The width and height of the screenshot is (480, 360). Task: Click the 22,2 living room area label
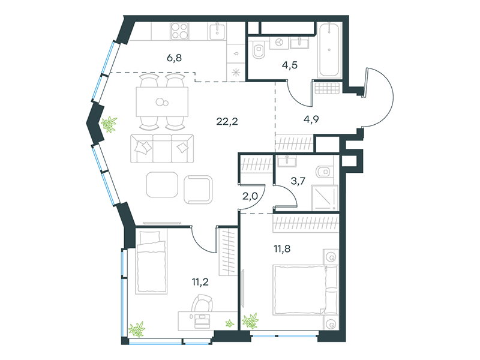tap(227, 122)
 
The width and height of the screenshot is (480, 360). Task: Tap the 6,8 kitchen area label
tap(174, 58)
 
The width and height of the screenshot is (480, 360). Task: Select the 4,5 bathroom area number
tap(290, 65)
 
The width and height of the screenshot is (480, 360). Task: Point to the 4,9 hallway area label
tap(311, 119)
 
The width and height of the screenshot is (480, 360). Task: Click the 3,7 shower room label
tap(298, 181)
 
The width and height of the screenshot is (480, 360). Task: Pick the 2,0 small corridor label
tap(250, 196)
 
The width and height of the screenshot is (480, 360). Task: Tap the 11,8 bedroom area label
tap(282, 249)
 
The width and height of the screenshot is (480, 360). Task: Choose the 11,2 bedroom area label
tap(200, 282)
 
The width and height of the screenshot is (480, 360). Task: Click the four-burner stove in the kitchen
tap(179, 31)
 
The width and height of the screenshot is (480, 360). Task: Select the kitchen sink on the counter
tap(217, 31)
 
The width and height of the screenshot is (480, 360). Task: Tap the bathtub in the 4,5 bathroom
tap(329, 50)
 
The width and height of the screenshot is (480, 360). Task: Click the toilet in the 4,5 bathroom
tap(259, 50)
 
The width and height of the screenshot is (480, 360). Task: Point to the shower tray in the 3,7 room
tap(325, 198)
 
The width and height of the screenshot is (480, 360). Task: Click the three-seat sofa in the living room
tap(162, 148)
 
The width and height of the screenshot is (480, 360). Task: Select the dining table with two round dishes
tap(162, 102)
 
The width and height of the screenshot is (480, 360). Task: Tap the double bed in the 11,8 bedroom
tap(305, 290)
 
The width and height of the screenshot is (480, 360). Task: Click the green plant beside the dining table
tap(109, 124)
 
